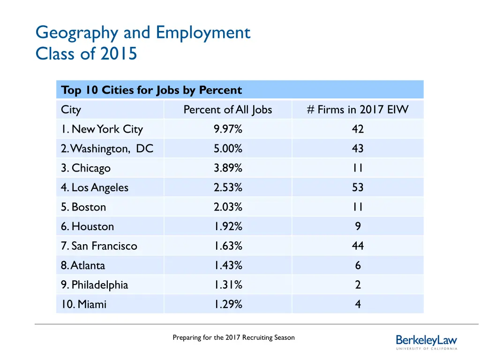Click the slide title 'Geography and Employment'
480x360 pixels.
[x=143, y=33]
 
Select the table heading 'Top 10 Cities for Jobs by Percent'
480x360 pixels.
[x=151, y=90]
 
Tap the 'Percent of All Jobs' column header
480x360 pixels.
[x=228, y=110]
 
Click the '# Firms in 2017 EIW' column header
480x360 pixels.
[x=358, y=110]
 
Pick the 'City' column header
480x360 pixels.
[x=71, y=110]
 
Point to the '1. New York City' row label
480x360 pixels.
[x=102, y=129]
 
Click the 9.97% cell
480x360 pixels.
[x=228, y=129]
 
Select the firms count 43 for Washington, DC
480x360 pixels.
[x=358, y=149]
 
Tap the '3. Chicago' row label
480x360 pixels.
[x=86, y=168]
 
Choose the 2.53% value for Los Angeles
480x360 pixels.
[x=228, y=188]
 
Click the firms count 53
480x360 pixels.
[x=358, y=188]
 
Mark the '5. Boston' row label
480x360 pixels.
[x=83, y=207]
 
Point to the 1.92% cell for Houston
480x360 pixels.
[x=228, y=227]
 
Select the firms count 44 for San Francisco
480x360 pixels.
[x=358, y=246]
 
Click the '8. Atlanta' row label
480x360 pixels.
[x=83, y=266]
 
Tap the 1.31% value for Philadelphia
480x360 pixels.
[x=228, y=285]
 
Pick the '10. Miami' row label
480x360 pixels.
[x=83, y=305]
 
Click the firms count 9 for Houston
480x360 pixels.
[x=358, y=227]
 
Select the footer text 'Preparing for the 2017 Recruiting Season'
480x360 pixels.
[x=233, y=337]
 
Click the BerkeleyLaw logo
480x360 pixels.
[x=426, y=342]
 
